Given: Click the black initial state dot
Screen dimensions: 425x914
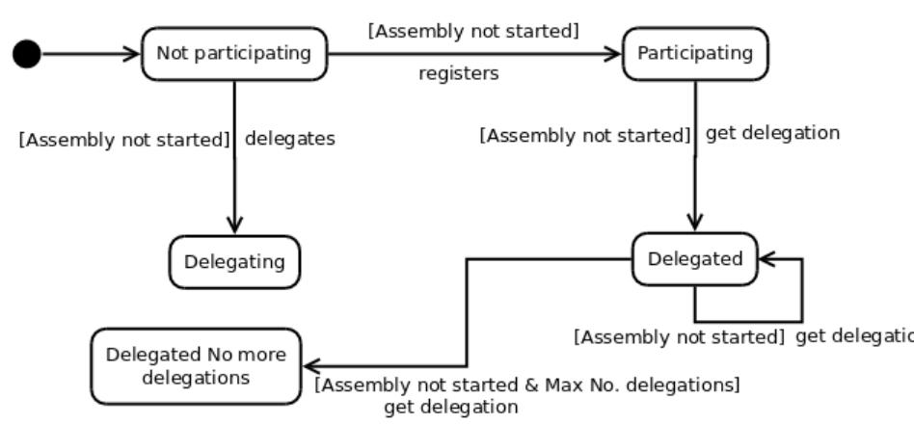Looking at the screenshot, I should click(x=27, y=54).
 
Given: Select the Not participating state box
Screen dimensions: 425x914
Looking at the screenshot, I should click(x=234, y=53).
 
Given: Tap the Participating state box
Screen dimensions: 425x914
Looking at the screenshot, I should click(x=695, y=53).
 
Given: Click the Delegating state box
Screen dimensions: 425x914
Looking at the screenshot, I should click(x=234, y=261).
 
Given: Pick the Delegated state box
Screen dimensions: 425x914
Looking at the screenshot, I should click(x=695, y=259).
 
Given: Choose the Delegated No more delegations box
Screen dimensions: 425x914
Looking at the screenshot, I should click(x=196, y=366).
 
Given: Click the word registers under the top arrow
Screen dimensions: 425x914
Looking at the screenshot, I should click(x=459, y=74).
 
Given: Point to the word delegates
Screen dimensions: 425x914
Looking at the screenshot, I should click(x=290, y=139).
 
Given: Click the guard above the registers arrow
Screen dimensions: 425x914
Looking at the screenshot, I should click(x=473, y=31).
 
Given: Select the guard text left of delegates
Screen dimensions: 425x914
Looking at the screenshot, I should click(x=124, y=140).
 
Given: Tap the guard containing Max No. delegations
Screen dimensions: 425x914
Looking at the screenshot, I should click(x=528, y=385).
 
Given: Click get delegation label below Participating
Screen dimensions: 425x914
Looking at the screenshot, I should click(x=772, y=133).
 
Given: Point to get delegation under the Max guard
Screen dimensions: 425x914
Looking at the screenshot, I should click(x=451, y=407).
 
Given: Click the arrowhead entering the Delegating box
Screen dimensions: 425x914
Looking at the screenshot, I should click(x=234, y=226).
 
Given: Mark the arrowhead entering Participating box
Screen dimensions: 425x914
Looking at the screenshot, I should click(x=613, y=54).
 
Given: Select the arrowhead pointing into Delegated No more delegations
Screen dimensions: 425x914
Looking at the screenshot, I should click(x=312, y=365).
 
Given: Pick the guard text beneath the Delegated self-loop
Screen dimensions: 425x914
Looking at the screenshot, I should click(x=680, y=337).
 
